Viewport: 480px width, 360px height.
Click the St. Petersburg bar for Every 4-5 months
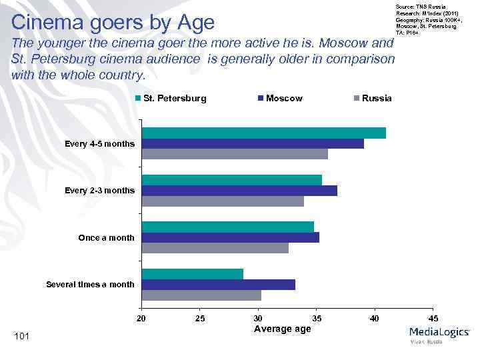tap(264, 133)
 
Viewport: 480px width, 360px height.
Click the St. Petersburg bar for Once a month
tap(228, 227)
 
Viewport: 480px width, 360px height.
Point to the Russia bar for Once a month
tap(215, 248)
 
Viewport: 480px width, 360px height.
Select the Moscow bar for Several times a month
tap(219, 285)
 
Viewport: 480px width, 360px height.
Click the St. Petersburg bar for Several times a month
tap(193, 274)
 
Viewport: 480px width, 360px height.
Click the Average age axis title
tap(283, 329)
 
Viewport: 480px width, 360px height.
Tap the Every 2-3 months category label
tap(99, 191)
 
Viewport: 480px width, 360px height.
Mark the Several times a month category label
tap(90, 285)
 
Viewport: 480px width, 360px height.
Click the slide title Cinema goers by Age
tap(113, 23)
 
